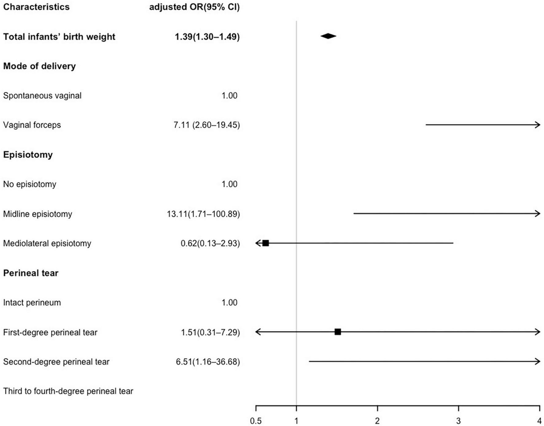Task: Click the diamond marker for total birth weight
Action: [x=328, y=36]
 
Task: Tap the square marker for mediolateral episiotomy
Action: [x=266, y=243]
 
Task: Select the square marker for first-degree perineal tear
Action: [x=338, y=332]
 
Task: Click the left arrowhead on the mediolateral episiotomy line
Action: [x=258, y=243]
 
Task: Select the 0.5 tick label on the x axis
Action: [x=256, y=421]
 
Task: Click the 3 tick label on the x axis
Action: [x=458, y=421]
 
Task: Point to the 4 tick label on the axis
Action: [x=539, y=421]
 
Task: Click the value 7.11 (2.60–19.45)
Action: [x=207, y=125]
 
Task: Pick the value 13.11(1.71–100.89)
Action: [x=203, y=214]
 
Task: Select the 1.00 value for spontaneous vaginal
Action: [x=229, y=96]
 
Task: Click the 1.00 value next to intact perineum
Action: [x=229, y=303]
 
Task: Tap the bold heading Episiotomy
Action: [x=28, y=155]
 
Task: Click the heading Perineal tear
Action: [x=31, y=273]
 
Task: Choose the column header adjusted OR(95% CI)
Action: [x=194, y=7]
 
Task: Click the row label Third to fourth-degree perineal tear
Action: [x=68, y=391]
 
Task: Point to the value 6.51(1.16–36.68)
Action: [x=208, y=362]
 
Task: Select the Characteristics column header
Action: [x=36, y=7]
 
